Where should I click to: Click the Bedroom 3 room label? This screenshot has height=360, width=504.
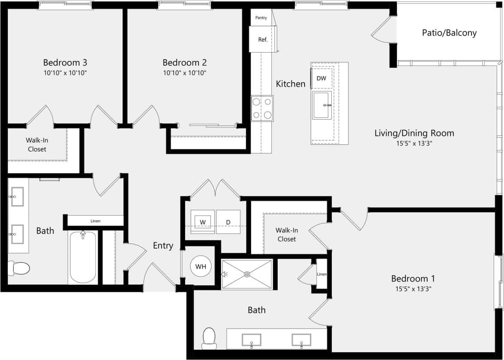click(65, 63)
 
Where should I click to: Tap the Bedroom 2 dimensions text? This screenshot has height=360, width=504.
click(184, 73)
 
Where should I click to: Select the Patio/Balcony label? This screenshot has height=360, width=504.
click(449, 33)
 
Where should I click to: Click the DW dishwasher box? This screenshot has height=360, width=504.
click(321, 78)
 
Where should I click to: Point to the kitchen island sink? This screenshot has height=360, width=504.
click(322, 105)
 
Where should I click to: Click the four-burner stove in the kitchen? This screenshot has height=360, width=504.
click(262, 108)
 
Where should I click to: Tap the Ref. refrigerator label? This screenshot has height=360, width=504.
click(263, 40)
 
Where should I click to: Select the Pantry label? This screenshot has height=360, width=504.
click(261, 18)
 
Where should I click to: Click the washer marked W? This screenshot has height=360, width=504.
click(202, 222)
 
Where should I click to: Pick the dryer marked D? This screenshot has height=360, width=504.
click(228, 222)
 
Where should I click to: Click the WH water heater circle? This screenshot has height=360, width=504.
click(201, 267)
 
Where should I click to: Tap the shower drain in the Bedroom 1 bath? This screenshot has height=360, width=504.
click(247, 274)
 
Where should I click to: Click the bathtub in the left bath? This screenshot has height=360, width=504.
click(83, 257)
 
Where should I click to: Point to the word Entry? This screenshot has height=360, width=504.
click(163, 246)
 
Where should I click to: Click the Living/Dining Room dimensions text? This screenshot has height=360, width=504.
click(414, 144)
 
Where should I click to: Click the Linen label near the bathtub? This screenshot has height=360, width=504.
click(95, 221)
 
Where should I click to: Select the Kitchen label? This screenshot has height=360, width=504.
click(291, 84)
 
